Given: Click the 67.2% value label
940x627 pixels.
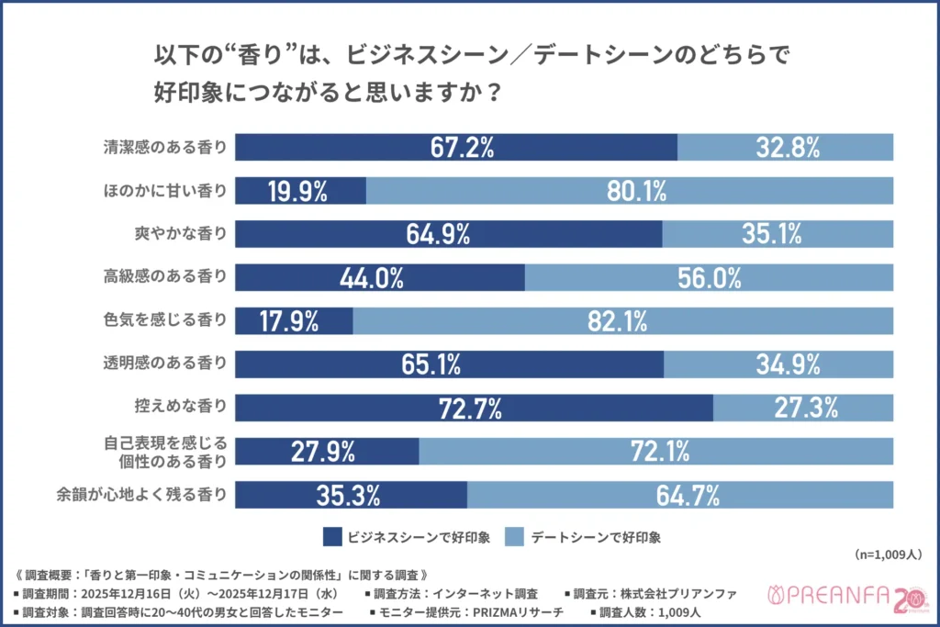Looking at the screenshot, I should (x=456, y=147).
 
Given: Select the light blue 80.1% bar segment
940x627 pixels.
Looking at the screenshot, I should (x=629, y=191).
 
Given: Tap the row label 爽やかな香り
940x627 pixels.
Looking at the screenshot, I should (x=179, y=234).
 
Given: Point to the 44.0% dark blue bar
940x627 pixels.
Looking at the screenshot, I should (x=380, y=277).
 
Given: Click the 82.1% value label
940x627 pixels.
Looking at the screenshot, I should (x=622, y=320).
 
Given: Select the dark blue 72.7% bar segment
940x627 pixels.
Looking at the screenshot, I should (x=474, y=408).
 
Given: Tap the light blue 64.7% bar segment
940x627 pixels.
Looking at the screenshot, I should (x=679, y=495).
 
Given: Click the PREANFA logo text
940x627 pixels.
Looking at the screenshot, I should (x=826, y=598).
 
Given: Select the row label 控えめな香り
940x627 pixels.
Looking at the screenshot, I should (x=179, y=408).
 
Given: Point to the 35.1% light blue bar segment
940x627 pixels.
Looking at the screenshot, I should (x=777, y=234).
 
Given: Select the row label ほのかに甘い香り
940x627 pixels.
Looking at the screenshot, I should (x=166, y=191).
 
